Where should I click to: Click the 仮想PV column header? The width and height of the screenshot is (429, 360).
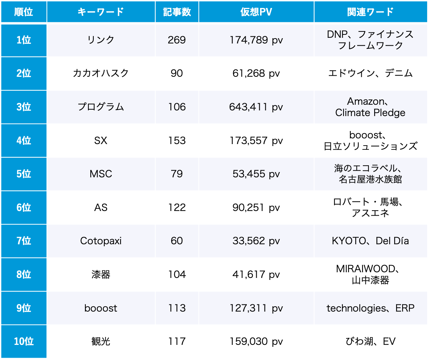pyautogui.click(x=256, y=12)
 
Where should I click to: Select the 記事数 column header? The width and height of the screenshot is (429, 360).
pyautogui.click(x=177, y=12)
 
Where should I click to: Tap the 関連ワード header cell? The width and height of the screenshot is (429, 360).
pyautogui.click(x=370, y=12)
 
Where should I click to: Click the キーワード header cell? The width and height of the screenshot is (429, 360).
pyautogui.click(x=101, y=12)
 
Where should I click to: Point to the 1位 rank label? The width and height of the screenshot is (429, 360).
pyautogui.click(x=23, y=40)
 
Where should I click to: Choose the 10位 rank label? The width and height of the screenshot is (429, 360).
pyautogui.click(x=23, y=341)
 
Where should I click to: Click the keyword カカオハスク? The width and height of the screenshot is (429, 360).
pyautogui.click(x=101, y=73)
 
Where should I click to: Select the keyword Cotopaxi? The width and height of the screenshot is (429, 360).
pyautogui.click(x=101, y=241)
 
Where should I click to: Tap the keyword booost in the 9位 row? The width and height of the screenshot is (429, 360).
pyautogui.click(x=101, y=308)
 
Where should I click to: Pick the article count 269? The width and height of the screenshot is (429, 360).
pyautogui.click(x=177, y=40)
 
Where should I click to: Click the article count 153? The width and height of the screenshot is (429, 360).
pyautogui.click(x=177, y=141)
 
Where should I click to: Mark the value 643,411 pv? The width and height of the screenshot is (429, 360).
pyautogui.click(x=256, y=107)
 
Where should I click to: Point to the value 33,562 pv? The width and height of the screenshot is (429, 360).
pyautogui.click(x=256, y=241)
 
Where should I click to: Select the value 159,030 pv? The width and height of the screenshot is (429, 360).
pyautogui.click(x=256, y=341)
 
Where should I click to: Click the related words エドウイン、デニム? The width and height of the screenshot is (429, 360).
pyautogui.click(x=370, y=73)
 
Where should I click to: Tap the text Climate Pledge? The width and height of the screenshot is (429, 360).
pyautogui.click(x=370, y=113)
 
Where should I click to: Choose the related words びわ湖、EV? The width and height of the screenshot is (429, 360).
pyautogui.click(x=370, y=341)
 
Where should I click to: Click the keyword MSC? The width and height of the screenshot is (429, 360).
pyautogui.click(x=101, y=174)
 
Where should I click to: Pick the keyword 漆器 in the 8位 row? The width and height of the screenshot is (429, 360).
pyautogui.click(x=101, y=275)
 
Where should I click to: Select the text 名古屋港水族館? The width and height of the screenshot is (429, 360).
pyautogui.click(x=370, y=179)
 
